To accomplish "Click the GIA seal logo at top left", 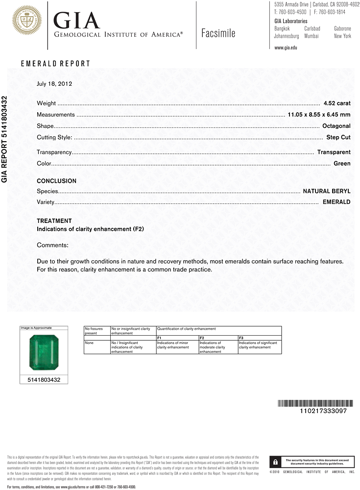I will (x=27, y=20).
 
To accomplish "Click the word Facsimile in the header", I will (x=218, y=33).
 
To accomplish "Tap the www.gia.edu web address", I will (x=286, y=48).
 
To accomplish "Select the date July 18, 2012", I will (x=54, y=84).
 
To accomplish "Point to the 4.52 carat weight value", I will (x=337, y=103).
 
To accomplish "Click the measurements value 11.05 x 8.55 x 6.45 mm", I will (x=318, y=115).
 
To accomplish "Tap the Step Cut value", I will (x=338, y=138).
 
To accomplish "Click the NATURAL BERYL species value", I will (x=327, y=191).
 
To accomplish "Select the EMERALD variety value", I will (x=336, y=202).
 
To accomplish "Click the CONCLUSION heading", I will (x=56, y=181).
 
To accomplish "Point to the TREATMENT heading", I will (x=54, y=221).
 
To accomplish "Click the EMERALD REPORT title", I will (x=55, y=64).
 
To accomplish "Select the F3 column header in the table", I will (x=241, y=338).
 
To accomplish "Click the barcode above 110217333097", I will (x=312, y=403).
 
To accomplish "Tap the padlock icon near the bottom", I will (x=276, y=462).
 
